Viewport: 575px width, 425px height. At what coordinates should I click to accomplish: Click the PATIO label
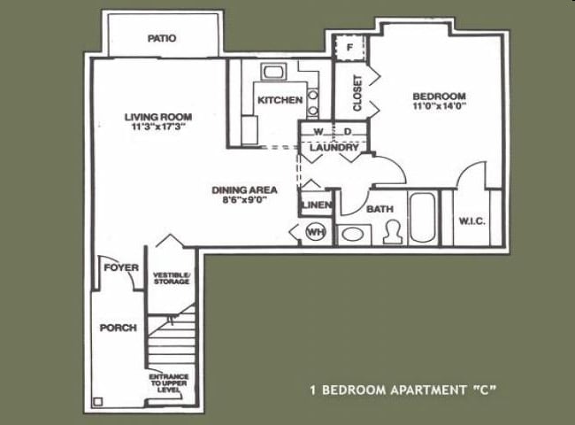coord(162,39)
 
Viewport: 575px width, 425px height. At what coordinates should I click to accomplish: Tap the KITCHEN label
coord(280,100)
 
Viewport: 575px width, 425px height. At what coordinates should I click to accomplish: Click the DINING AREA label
coord(245,189)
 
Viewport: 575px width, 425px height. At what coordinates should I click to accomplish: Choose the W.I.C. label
coord(473,220)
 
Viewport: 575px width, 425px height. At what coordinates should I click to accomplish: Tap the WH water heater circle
coord(315,232)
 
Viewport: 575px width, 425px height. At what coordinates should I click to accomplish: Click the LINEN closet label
coord(316,205)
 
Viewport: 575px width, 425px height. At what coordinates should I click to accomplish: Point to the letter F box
coord(350,46)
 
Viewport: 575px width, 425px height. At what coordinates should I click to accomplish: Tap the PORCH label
coord(118,328)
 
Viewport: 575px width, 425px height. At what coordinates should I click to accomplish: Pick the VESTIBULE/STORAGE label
coord(171,278)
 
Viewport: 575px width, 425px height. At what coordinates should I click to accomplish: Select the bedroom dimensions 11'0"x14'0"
coord(439,106)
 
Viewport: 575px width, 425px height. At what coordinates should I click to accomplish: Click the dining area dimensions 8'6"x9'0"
coord(245,201)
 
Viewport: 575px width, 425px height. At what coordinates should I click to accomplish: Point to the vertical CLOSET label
coord(357,93)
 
